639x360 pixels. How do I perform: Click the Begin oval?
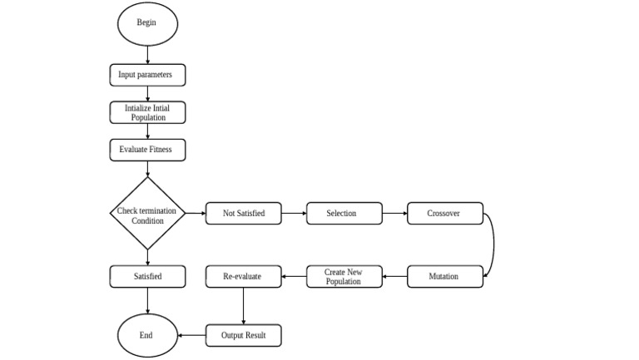146,22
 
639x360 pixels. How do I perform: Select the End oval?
146,336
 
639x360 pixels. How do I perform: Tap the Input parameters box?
147,75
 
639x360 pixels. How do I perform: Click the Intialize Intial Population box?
147,112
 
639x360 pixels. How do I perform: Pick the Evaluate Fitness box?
147,150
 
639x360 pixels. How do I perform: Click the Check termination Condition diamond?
147,214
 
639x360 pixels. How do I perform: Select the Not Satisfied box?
244,214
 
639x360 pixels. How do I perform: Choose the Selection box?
344,214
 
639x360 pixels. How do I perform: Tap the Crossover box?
444,214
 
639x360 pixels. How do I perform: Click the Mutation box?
444,276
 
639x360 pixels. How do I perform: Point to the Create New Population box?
344,276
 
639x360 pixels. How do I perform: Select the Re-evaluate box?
243,276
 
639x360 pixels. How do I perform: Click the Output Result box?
243,336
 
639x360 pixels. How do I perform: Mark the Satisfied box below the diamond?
147,276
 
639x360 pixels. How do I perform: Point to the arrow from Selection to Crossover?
394,214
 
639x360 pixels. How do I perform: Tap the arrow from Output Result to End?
192,336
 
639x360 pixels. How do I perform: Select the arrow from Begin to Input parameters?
147,54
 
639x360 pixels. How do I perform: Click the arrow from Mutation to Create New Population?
395,276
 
